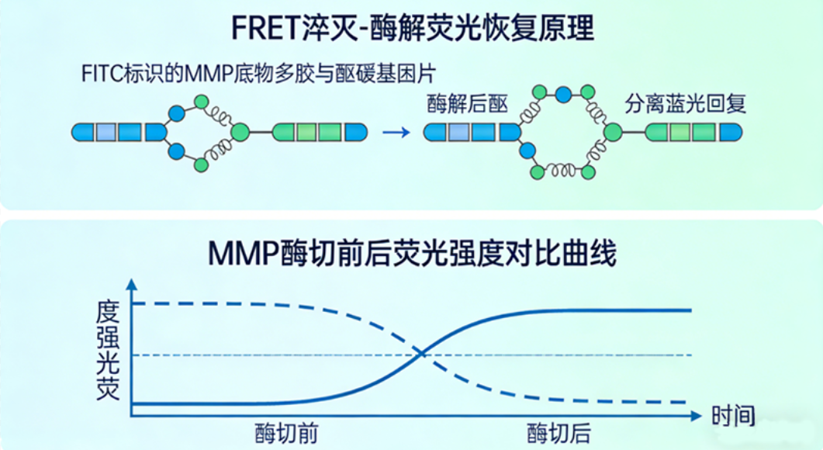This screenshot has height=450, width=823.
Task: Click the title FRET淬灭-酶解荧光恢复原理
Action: coord(412,29)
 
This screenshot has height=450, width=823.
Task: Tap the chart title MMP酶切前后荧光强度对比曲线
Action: coord(412,254)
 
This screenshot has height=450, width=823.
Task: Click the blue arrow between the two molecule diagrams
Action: coord(396,132)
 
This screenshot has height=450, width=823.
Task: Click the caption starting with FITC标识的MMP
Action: coord(259,74)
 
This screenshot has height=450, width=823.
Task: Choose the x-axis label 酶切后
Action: coord(558,433)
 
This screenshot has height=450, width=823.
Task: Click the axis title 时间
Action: coord(733,416)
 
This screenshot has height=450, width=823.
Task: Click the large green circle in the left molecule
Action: coord(240,132)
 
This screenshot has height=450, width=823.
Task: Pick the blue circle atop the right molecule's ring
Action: coord(564,95)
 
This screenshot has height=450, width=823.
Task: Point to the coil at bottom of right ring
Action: coord(562,169)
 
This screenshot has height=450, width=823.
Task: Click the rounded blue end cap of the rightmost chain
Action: coord(731,132)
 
